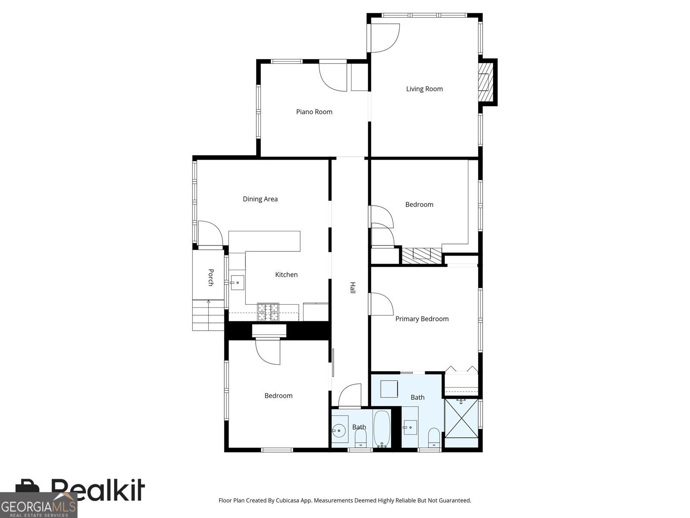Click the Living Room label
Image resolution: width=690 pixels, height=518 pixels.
tap(424, 89)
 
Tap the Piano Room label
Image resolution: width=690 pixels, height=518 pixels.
tap(314, 112)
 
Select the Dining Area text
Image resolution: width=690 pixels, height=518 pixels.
tap(260, 199)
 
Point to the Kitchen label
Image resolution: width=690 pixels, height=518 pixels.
tap(286, 275)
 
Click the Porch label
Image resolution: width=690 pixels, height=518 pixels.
tap(211, 278)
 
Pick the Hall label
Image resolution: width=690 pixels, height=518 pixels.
tap(353, 288)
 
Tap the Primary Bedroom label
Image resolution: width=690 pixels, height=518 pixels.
tap(422, 319)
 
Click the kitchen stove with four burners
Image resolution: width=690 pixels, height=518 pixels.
tap(268, 312)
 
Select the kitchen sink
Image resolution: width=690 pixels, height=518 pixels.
tap(237, 282)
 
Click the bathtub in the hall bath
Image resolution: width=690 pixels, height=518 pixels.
tap(382, 429)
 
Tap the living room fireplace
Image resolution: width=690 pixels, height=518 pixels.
tap(486, 82)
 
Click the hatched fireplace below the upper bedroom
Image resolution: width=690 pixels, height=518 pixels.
tap(421, 256)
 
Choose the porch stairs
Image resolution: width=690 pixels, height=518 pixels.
tap(208, 315)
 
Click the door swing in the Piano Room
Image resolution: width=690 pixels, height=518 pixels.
tap(333, 78)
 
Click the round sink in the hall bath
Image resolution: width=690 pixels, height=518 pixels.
tap(339, 430)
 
